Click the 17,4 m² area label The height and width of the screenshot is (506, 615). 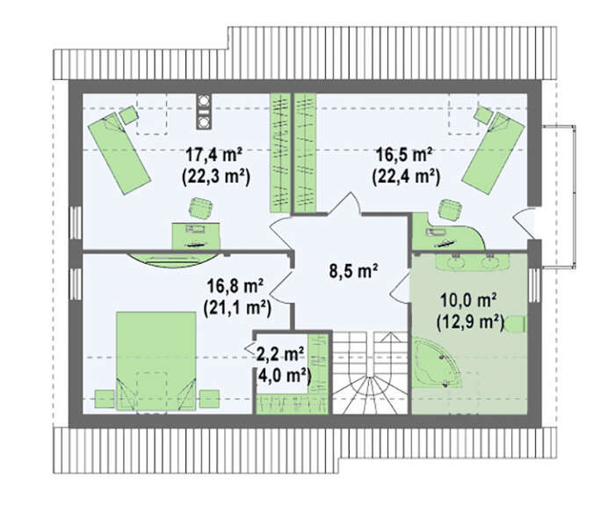(x=213, y=155)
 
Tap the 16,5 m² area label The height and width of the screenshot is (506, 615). (x=404, y=155)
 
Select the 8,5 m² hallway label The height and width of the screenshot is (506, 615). (x=353, y=271)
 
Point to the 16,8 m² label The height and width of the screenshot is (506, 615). (x=235, y=286)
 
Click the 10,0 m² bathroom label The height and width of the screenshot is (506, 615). (x=468, y=301)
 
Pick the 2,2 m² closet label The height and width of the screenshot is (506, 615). (x=280, y=355)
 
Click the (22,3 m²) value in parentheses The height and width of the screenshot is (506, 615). (x=216, y=177)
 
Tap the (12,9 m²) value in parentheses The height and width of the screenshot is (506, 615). (x=470, y=323)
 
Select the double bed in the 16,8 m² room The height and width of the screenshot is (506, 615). (x=156, y=361)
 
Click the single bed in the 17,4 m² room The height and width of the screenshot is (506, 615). (x=119, y=154)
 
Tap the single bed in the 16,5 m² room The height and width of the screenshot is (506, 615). (x=494, y=153)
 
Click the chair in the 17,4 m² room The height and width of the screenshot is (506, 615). (x=201, y=209)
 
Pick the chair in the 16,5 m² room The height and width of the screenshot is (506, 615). (x=450, y=209)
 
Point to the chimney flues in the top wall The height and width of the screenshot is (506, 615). (x=204, y=111)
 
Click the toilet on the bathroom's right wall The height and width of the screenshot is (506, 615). (x=516, y=324)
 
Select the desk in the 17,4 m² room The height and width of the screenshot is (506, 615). (x=196, y=236)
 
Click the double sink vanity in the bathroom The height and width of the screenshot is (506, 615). (x=472, y=261)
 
